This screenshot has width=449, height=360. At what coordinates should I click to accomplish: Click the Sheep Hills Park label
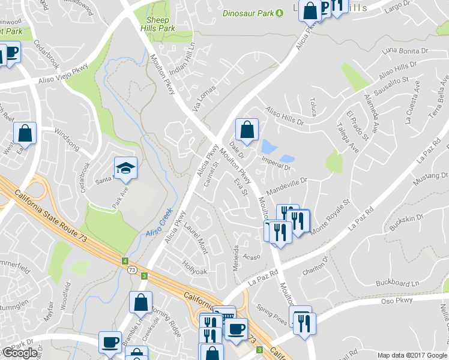point(157,24)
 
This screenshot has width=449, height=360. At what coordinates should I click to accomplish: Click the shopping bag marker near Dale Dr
point(247,128)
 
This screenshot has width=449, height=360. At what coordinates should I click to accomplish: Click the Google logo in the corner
point(20,353)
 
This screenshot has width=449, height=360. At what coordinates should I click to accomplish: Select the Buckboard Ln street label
point(397,282)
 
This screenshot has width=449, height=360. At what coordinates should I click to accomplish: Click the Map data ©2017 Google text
point(412,355)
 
